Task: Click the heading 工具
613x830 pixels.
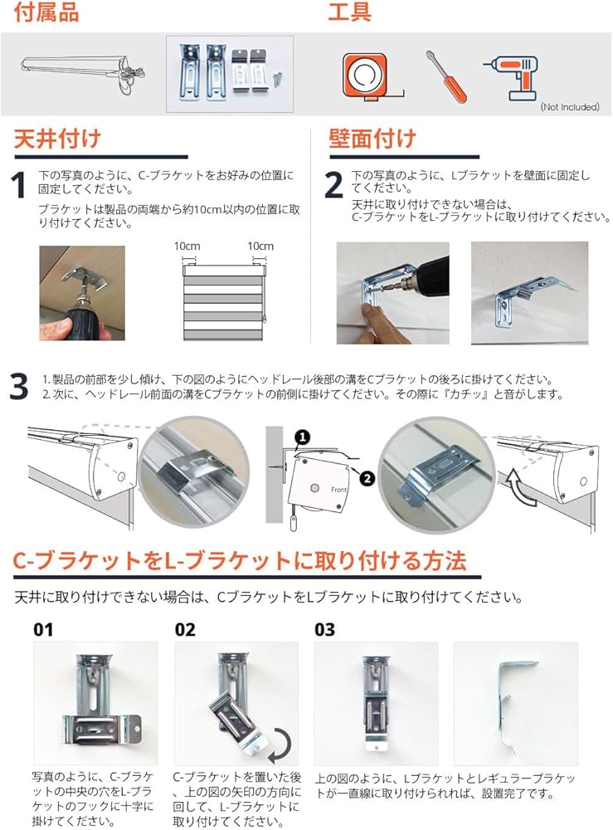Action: (349, 12)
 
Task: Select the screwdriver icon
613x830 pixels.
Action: (446, 76)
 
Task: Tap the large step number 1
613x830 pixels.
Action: (18, 188)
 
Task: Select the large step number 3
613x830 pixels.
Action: (19, 388)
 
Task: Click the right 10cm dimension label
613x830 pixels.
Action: (260, 247)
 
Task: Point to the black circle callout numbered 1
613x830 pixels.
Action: (303, 436)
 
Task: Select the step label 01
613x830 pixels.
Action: (43, 629)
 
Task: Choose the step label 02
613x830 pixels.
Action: (185, 629)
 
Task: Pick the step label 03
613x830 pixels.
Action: (325, 629)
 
